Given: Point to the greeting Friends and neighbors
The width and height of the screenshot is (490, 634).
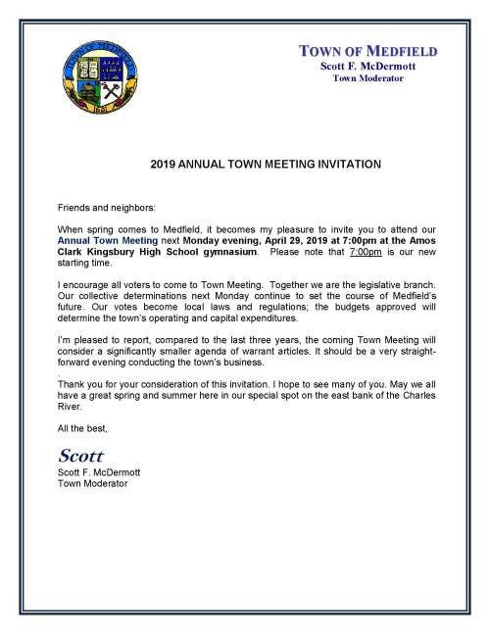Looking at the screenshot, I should (105, 208).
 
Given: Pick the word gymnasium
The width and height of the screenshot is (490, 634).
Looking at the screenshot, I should (228, 252).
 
